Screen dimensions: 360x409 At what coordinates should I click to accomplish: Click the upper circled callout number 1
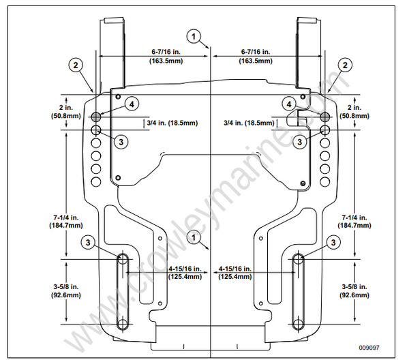tap(195, 36)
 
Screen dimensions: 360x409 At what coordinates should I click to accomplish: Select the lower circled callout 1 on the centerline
tap(196, 238)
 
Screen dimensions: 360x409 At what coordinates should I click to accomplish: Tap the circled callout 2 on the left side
tap(75, 65)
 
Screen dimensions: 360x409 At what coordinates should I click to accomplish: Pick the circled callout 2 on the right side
tap(346, 65)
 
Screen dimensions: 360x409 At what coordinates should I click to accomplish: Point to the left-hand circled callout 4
tap(131, 104)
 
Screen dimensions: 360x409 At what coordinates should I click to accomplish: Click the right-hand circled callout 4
tap(291, 104)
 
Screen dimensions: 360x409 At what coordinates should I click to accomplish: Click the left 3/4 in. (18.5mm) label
tap(172, 123)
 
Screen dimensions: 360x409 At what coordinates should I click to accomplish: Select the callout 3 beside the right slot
tap(333, 242)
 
